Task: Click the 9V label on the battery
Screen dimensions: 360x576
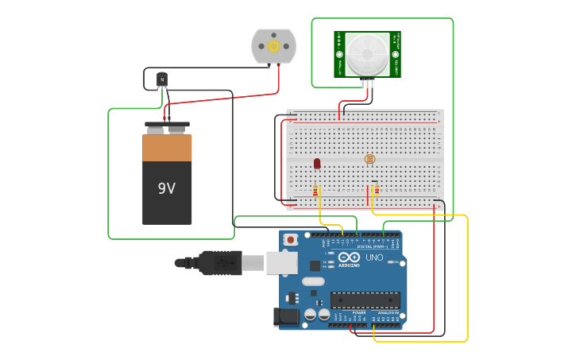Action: click(x=167, y=188)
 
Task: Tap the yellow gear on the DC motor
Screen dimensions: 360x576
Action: click(x=274, y=46)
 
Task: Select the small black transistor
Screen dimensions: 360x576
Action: click(x=162, y=79)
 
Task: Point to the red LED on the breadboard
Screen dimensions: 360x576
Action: click(x=317, y=163)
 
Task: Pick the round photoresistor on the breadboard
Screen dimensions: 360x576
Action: click(x=369, y=159)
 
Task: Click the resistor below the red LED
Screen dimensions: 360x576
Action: click(x=315, y=191)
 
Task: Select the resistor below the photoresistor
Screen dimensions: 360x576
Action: click(x=376, y=190)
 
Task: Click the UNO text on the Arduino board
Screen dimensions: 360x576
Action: click(x=374, y=257)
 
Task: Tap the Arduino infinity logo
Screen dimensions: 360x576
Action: click(x=349, y=257)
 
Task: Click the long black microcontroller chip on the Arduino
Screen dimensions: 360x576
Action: click(x=365, y=300)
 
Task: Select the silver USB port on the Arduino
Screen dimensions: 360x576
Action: click(x=281, y=263)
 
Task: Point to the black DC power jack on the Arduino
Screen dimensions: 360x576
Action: click(x=286, y=317)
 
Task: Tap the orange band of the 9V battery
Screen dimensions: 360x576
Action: click(x=167, y=148)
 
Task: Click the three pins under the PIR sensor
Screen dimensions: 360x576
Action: click(x=367, y=82)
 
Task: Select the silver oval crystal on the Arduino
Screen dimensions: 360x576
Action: click(x=314, y=281)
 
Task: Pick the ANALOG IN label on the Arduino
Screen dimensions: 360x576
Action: click(x=388, y=312)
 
